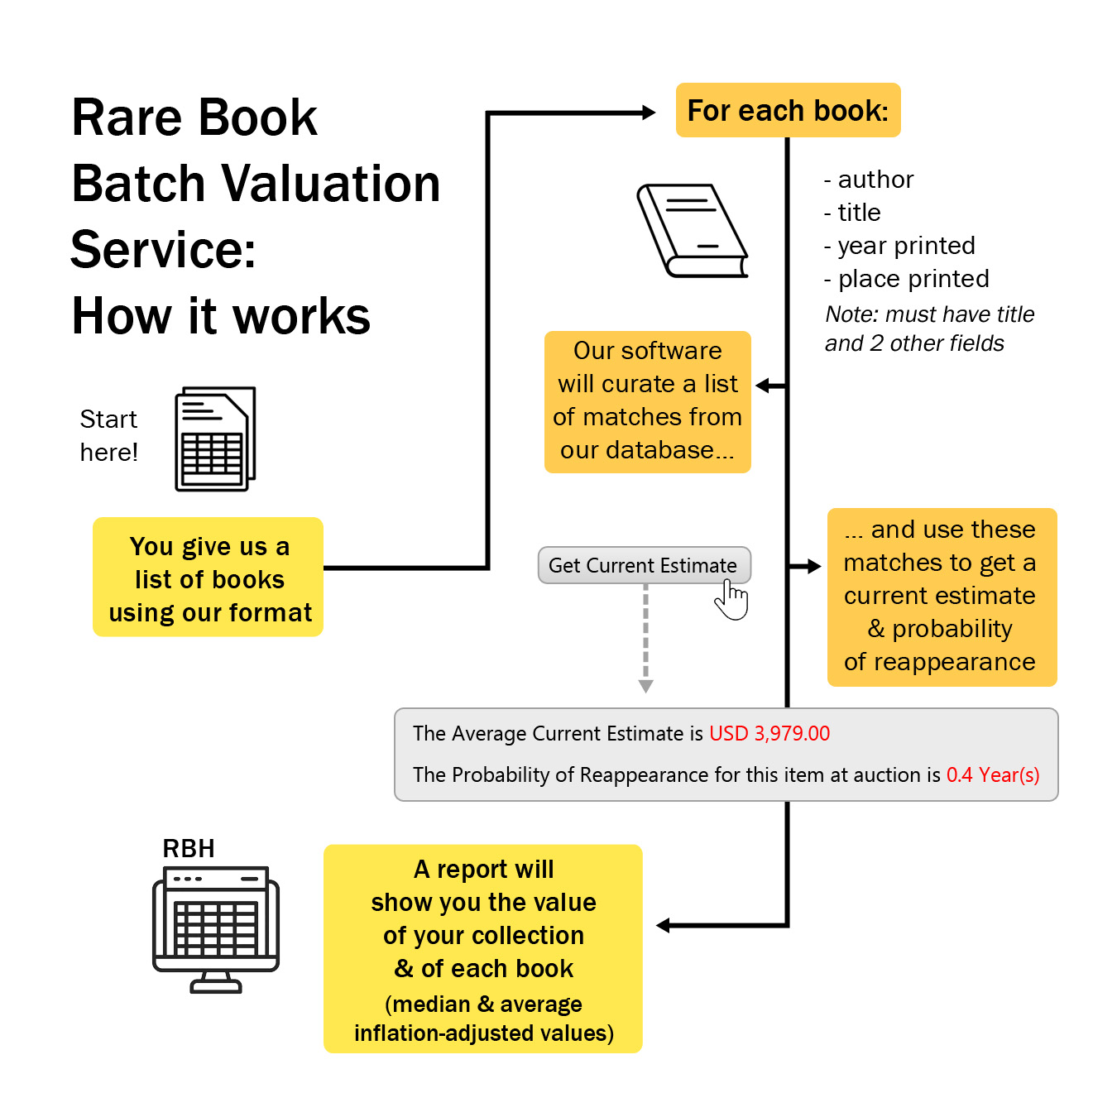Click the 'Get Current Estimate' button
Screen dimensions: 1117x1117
click(x=644, y=565)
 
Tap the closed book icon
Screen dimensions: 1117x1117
click(x=692, y=231)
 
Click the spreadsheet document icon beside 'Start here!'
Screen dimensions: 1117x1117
click(x=215, y=439)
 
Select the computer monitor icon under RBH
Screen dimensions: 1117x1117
click(x=216, y=928)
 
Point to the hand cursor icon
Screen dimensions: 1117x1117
click(x=731, y=599)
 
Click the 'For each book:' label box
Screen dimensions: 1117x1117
click(x=788, y=110)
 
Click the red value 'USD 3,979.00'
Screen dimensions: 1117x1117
click(x=769, y=733)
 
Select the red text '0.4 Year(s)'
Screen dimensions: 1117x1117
click(x=993, y=774)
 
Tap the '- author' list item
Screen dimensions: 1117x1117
click(x=869, y=180)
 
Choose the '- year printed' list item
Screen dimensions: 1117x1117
click(x=899, y=246)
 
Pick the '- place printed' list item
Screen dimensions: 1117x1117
click(x=906, y=279)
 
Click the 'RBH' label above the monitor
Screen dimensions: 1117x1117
click(x=189, y=848)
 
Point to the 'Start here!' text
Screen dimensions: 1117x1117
click(x=108, y=435)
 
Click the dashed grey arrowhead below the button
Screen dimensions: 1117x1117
click(x=646, y=686)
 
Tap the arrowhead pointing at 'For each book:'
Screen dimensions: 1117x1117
click(x=649, y=113)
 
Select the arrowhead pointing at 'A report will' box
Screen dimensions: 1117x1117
click(x=663, y=925)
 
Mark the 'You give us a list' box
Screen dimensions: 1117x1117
click(x=209, y=578)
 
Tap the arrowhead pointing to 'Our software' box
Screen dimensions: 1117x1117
click(x=763, y=386)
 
